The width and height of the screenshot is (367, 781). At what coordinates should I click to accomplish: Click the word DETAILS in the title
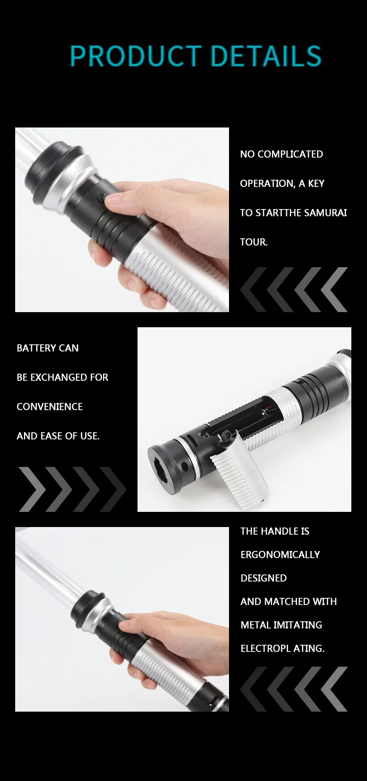click(266, 56)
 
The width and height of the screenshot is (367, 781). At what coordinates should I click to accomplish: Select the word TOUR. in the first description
click(254, 242)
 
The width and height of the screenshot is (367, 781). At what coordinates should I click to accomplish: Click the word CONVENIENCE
click(49, 406)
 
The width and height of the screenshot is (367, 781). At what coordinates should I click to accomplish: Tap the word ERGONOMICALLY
click(280, 554)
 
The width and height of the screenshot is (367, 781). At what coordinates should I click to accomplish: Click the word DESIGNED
click(264, 578)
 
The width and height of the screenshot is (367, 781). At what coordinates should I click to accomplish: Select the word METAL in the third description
click(255, 624)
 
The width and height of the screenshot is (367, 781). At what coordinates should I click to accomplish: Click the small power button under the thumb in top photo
click(101, 198)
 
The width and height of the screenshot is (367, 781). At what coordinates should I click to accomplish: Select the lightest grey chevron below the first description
click(334, 289)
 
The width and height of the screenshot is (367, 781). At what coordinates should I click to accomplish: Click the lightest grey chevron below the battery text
click(32, 489)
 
